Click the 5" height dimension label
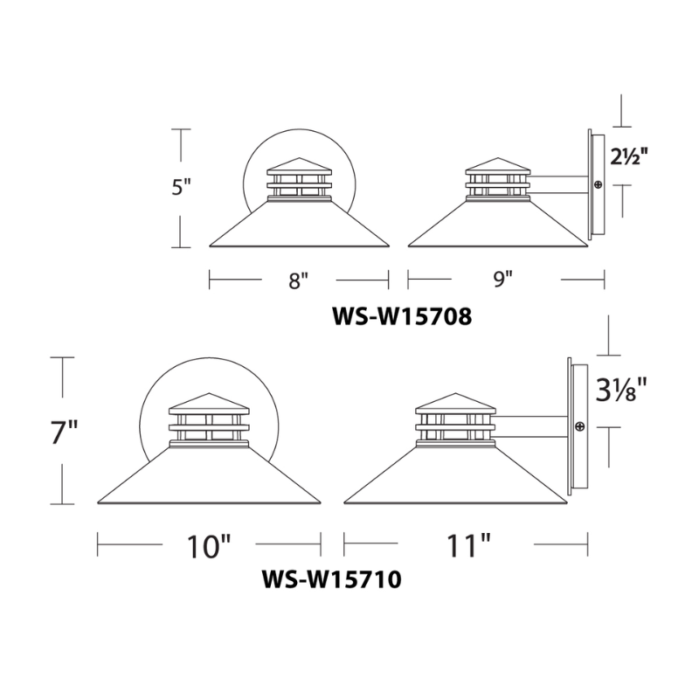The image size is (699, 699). [x=182, y=189]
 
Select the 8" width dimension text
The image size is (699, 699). [x=299, y=281]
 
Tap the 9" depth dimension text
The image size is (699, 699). [x=502, y=280]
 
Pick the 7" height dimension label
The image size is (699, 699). [x=64, y=432]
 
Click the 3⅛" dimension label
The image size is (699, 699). [x=625, y=391]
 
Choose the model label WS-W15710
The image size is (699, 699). [x=331, y=579]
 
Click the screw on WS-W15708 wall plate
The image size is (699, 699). [x=598, y=184]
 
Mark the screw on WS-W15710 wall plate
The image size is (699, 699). [x=579, y=426]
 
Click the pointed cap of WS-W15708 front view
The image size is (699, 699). [x=299, y=166]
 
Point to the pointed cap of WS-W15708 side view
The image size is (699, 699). [x=497, y=166]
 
